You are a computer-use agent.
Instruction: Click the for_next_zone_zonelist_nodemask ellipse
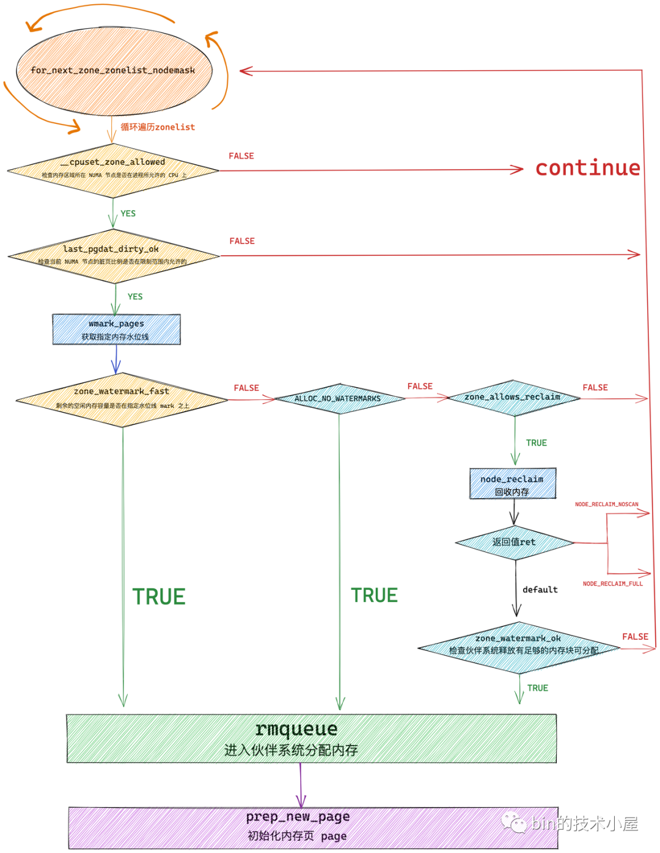[114, 71]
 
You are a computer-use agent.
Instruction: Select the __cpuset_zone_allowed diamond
[113, 170]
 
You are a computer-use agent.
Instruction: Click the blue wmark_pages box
[116, 330]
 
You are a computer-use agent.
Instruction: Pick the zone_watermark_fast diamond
[122, 399]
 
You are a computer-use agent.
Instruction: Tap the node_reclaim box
[513, 484]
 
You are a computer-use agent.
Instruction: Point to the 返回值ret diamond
[515, 542]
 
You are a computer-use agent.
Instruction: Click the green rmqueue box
[311, 738]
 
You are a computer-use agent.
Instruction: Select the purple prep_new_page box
[312, 827]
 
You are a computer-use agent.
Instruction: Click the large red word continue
[587, 168]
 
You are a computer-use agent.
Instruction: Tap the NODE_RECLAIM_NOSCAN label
[606, 504]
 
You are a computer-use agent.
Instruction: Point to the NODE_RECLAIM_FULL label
[612, 584]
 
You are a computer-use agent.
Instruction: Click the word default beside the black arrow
[540, 590]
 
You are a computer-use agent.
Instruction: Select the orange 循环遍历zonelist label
[158, 127]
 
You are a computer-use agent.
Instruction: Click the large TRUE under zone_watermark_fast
[159, 597]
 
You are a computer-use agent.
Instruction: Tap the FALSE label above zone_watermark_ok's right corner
[635, 637]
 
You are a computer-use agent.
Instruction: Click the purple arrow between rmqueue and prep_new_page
[301, 785]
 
